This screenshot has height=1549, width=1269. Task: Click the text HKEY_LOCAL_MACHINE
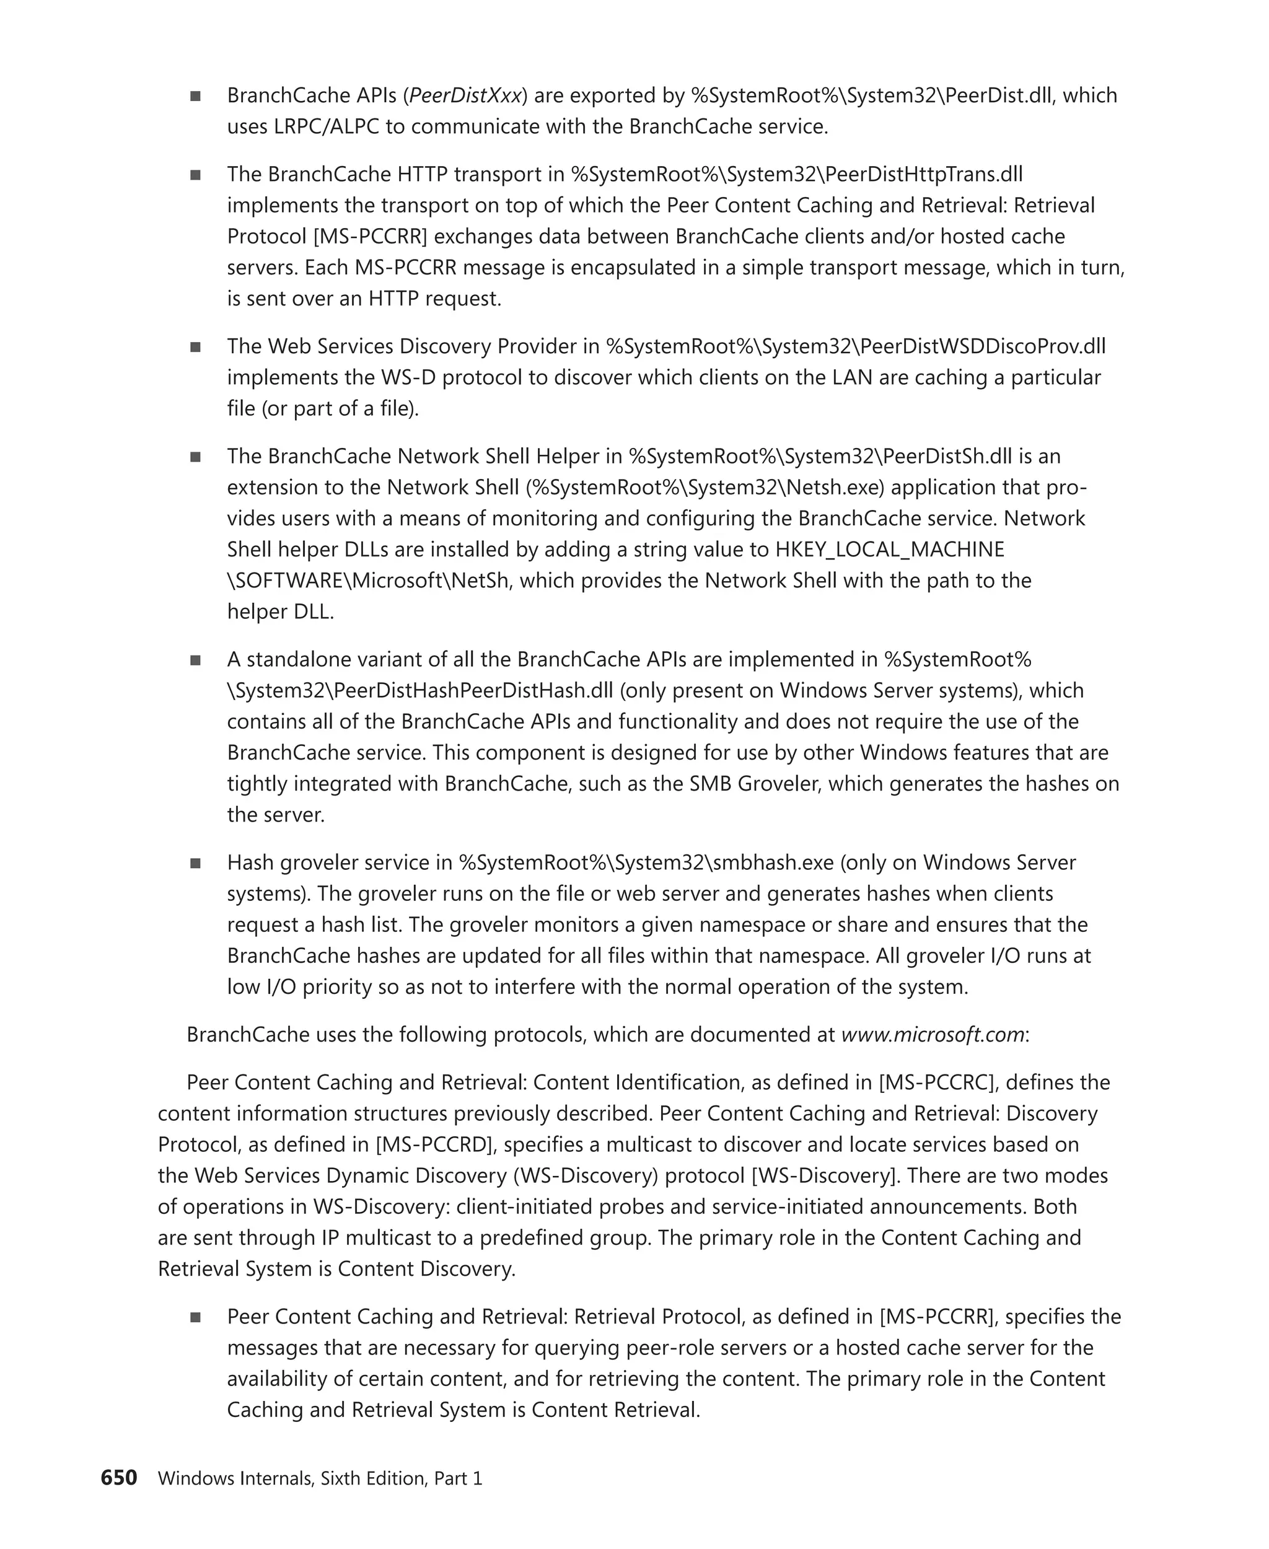[x=890, y=550]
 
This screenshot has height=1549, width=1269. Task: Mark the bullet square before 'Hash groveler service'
[x=195, y=863]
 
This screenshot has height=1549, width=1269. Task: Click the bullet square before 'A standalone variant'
[x=195, y=660]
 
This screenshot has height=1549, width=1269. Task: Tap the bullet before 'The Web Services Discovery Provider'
[x=195, y=347]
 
